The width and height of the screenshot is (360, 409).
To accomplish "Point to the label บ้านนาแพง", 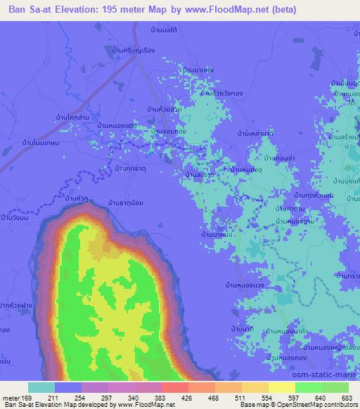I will (198, 70).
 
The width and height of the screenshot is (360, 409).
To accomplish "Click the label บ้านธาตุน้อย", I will (127, 203).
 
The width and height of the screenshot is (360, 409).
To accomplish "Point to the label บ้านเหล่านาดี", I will (255, 132).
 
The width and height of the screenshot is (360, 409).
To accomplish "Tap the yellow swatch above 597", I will (282, 387).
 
